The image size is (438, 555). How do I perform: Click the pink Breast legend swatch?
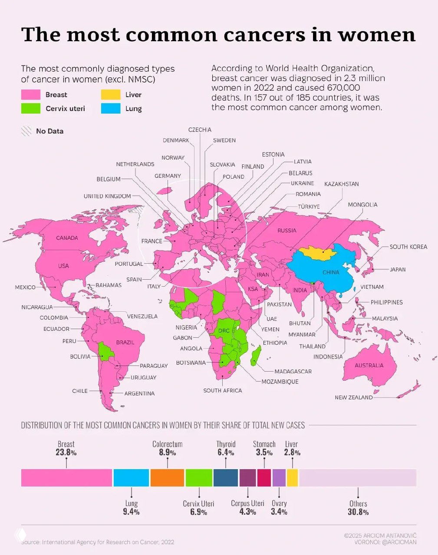pyautogui.click(x=31, y=95)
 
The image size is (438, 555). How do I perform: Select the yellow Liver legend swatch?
pyautogui.click(x=111, y=95)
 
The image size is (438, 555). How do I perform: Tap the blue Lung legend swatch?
pyautogui.click(x=111, y=108)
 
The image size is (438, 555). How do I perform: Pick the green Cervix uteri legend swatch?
pyautogui.click(x=31, y=108)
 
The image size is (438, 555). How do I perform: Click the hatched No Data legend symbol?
pyautogui.click(x=27, y=131)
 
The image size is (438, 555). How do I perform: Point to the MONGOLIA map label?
pyautogui.click(x=362, y=205)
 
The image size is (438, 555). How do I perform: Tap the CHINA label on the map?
pyautogui.click(x=331, y=272)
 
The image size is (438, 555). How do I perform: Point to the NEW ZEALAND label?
pyautogui.click(x=353, y=397)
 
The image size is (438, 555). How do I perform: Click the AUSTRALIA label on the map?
pyautogui.click(x=369, y=365)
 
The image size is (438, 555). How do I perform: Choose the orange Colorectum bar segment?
pyautogui.click(x=167, y=477)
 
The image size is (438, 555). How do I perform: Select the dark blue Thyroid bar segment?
pyautogui.click(x=226, y=477)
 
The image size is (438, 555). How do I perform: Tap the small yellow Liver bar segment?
pyautogui.click(x=292, y=477)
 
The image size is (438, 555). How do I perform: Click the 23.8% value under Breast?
pyautogui.click(x=66, y=453)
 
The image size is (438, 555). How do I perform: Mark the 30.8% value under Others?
pyautogui.click(x=358, y=512)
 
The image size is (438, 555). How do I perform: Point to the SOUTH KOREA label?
pyautogui.click(x=408, y=247)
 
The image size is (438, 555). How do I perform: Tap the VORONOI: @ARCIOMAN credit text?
pyautogui.click(x=385, y=542)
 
